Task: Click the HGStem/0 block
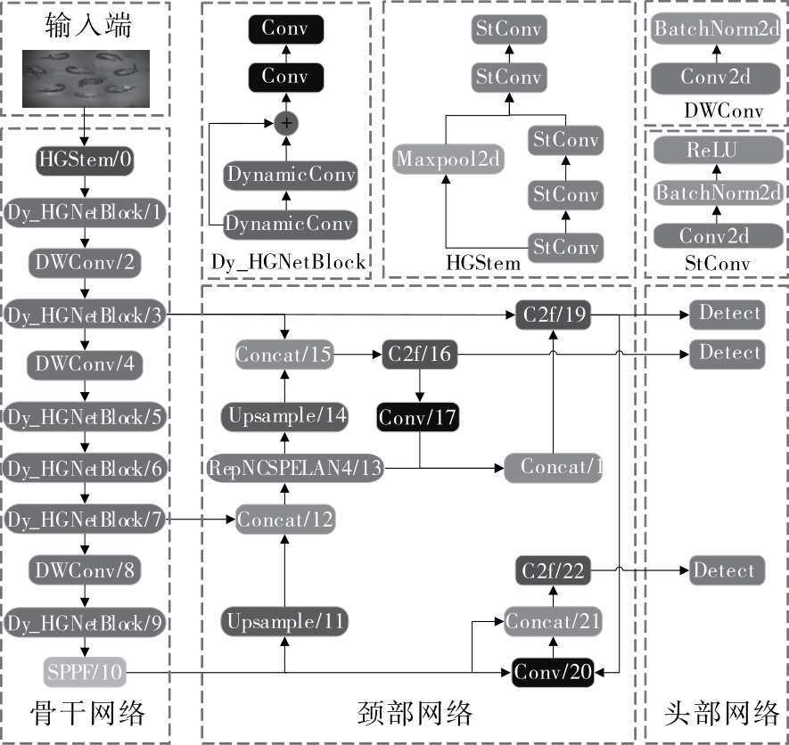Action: pyautogui.click(x=85, y=160)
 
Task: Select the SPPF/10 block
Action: pyautogui.click(x=85, y=670)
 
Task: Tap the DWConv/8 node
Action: pyautogui.click(x=85, y=569)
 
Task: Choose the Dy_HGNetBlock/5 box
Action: pyautogui.click(x=85, y=416)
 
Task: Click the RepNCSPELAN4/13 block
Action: pyautogui.click(x=296, y=466)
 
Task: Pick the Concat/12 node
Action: pyautogui.click(x=285, y=518)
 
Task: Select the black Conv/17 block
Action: pyautogui.click(x=418, y=416)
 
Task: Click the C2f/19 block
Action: pyautogui.click(x=553, y=314)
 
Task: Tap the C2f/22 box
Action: pyautogui.click(x=553, y=570)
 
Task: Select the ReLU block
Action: pyautogui.click(x=718, y=151)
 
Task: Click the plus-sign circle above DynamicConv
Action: pyautogui.click(x=285, y=125)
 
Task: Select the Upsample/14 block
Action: pyautogui.click(x=285, y=415)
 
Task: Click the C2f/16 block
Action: pyautogui.click(x=418, y=355)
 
